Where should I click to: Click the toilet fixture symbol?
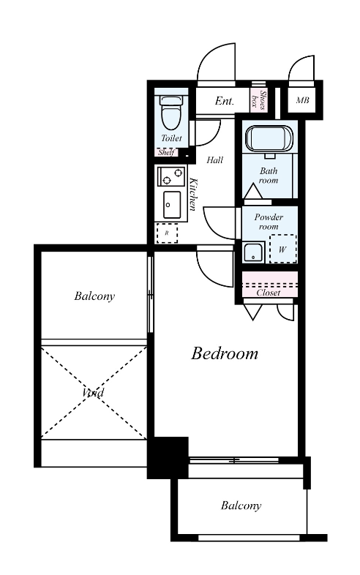[171, 112]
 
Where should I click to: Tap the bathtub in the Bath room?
[269, 138]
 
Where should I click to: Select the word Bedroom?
[225, 353]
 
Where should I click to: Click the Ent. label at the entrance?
[224, 101]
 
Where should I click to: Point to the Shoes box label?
[258, 99]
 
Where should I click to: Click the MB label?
[302, 99]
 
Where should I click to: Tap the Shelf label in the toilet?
[166, 152]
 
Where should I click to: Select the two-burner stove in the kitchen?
[170, 176]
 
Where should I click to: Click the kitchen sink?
[172, 205]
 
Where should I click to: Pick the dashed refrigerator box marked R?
[167, 233]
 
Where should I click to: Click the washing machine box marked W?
[282, 249]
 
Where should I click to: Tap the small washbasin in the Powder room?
[254, 252]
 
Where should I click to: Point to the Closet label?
[269, 293]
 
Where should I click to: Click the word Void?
[93, 393]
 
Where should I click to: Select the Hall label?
[214, 160]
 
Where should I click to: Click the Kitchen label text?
[192, 195]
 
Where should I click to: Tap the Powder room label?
[269, 222]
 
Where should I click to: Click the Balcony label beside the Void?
[94, 296]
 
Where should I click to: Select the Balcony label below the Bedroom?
[241, 506]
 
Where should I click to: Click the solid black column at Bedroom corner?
[168, 457]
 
